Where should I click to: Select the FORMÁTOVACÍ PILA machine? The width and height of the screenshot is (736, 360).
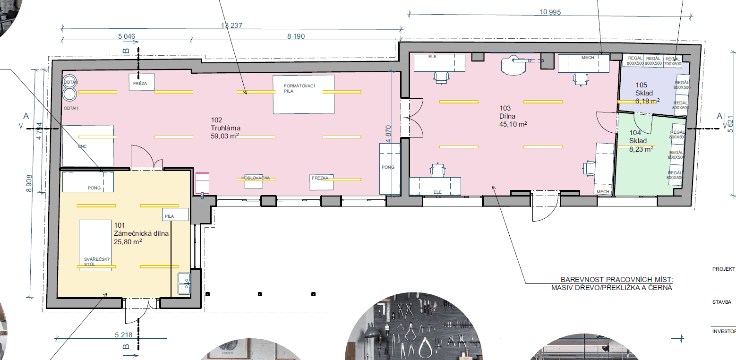pyautogui.click(x=304, y=94)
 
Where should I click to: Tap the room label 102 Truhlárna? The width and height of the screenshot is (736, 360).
pyautogui.click(x=226, y=128)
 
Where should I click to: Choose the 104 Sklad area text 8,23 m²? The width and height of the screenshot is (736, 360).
pyautogui.click(x=641, y=148)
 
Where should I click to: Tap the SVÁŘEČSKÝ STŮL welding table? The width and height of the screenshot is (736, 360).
pyautogui.click(x=98, y=244)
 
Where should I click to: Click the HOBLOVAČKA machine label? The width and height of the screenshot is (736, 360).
pyautogui.click(x=255, y=178)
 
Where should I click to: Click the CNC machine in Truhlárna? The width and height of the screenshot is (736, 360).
pyautogui.click(x=88, y=146)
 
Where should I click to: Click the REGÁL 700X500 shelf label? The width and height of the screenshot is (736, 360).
pyautogui.click(x=673, y=60)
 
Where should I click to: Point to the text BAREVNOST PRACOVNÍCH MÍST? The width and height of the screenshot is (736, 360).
pyautogui.click(x=616, y=280)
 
